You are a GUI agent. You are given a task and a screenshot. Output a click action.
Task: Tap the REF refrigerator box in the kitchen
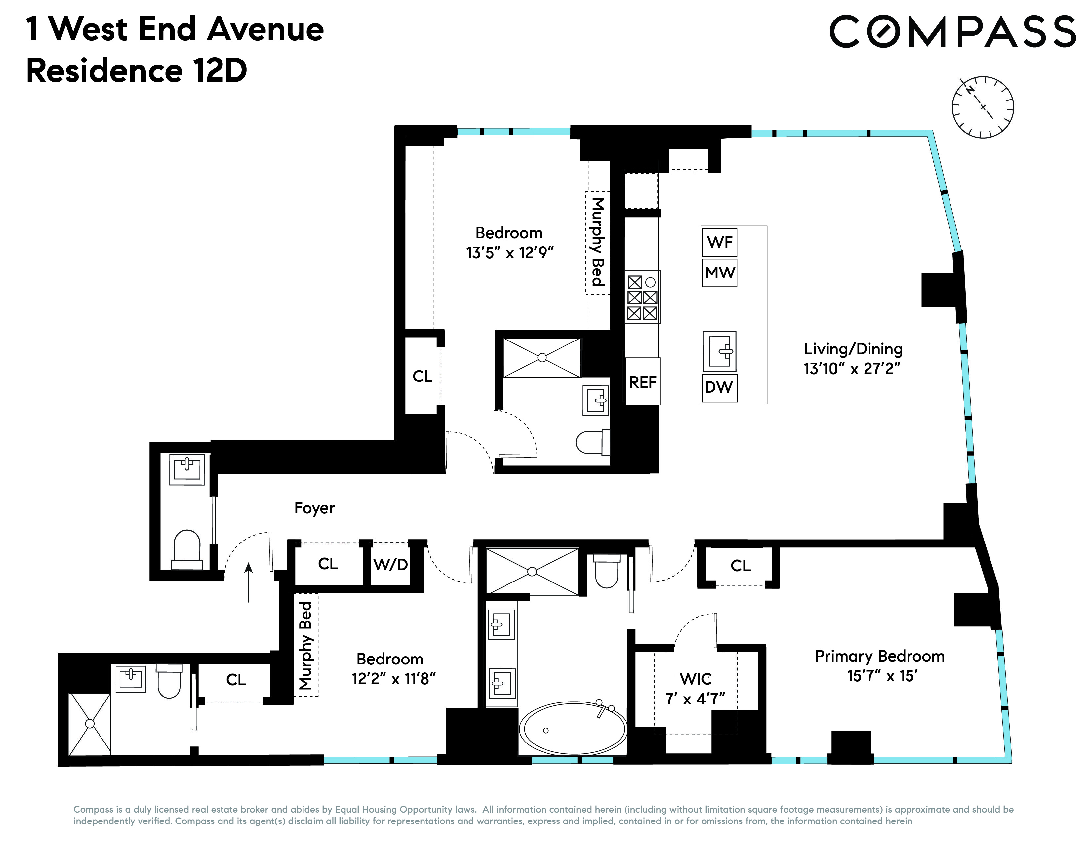click(x=642, y=382)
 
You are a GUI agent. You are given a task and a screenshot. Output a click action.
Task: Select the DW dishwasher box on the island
click(x=719, y=386)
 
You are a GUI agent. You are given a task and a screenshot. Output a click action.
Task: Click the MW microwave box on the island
click(x=719, y=272)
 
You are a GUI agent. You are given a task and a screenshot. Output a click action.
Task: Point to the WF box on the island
click(x=719, y=242)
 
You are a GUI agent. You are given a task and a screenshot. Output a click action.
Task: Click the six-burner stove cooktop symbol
click(x=642, y=297)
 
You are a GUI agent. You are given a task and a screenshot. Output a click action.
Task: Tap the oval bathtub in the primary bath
click(x=573, y=728)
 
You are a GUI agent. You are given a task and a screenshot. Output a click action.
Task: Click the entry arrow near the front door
click(x=248, y=582)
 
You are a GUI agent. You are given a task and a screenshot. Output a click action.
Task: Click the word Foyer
click(x=314, y=508)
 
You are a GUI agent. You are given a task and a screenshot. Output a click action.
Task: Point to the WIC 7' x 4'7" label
click(x=695, y=689)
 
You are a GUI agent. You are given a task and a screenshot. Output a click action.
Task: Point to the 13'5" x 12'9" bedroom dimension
click(x=509, y=253)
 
